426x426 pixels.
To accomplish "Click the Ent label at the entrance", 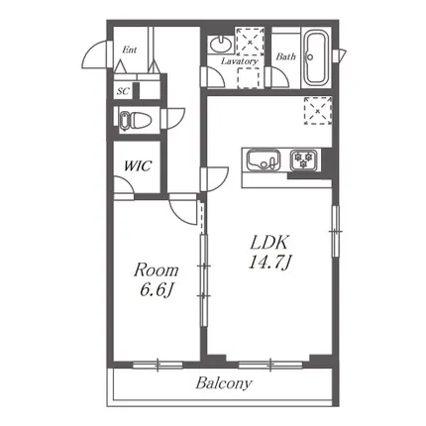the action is click(x=130, y=50).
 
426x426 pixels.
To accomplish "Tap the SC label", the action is click(x=123, y=91).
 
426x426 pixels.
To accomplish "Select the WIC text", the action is click(x=138, y=165).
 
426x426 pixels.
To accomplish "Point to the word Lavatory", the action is click(x=239, y=61).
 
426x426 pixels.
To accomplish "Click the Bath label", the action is click(x=285, y=56).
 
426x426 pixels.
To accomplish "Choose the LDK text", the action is click(x=269, y=243).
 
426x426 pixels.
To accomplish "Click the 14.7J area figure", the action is click(x=269, y=263).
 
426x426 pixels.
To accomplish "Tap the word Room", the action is click(x=156, y=270).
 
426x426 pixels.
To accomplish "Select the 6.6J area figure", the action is click(x=157, y=290).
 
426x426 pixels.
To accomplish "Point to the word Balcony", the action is click(x=224, y=383).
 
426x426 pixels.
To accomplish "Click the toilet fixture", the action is click(x=136, y=120).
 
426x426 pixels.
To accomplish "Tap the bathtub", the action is click(x=317, y=57).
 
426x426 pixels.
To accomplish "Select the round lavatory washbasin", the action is click(x=221, y=44).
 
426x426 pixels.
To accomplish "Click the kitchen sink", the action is click(x=264, y=160).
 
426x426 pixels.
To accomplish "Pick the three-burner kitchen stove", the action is click(x=304, y=160).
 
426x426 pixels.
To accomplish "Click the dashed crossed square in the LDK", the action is click(x=317, y=110).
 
